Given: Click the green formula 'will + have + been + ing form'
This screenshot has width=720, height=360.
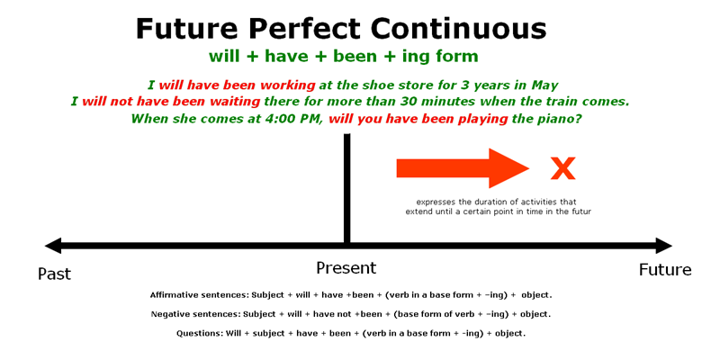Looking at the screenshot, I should pos(343,57).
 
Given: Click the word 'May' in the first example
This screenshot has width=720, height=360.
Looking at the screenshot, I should pos(544,85).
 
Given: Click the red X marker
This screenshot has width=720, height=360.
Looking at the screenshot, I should pos(562,168).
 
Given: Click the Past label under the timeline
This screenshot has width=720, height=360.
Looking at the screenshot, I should pos(54,274).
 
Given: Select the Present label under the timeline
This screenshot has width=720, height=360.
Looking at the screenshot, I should pos(346,268).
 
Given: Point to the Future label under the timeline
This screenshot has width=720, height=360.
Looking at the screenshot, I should pos(665,270).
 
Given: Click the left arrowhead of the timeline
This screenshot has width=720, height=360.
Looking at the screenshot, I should pos(52,246).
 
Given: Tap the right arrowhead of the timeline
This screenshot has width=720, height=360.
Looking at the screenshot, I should pos(664,246).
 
